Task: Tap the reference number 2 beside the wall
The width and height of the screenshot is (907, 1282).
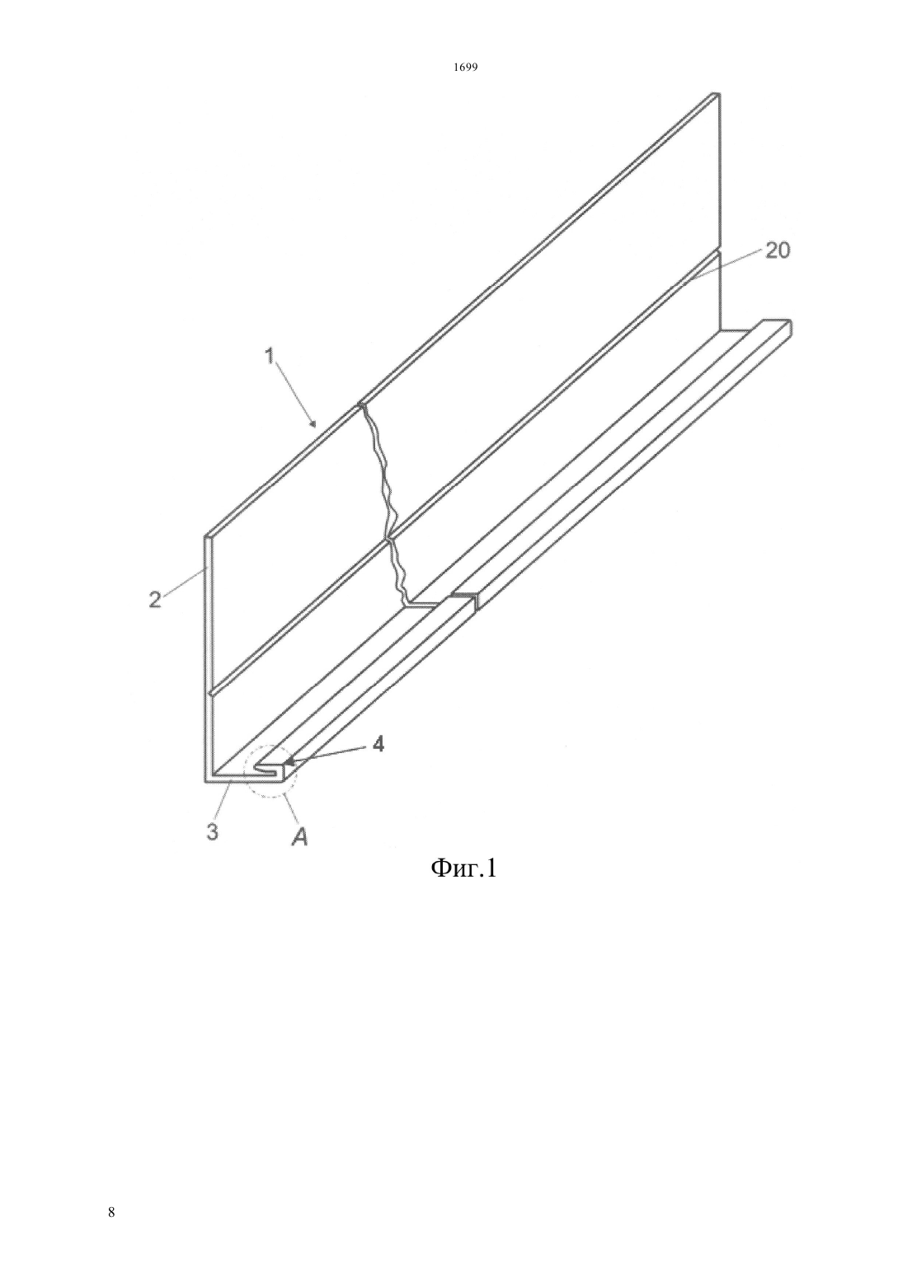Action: (155, 599)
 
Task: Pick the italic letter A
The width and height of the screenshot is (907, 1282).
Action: (299, 838)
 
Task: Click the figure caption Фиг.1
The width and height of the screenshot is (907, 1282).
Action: (463, 886)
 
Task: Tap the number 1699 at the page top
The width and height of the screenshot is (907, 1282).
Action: (465, 68)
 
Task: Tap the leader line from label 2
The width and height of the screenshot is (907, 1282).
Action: (183, 583)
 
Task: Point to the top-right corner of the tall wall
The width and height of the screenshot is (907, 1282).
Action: (719, 93)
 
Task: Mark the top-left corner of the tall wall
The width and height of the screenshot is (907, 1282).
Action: (204, 537)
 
